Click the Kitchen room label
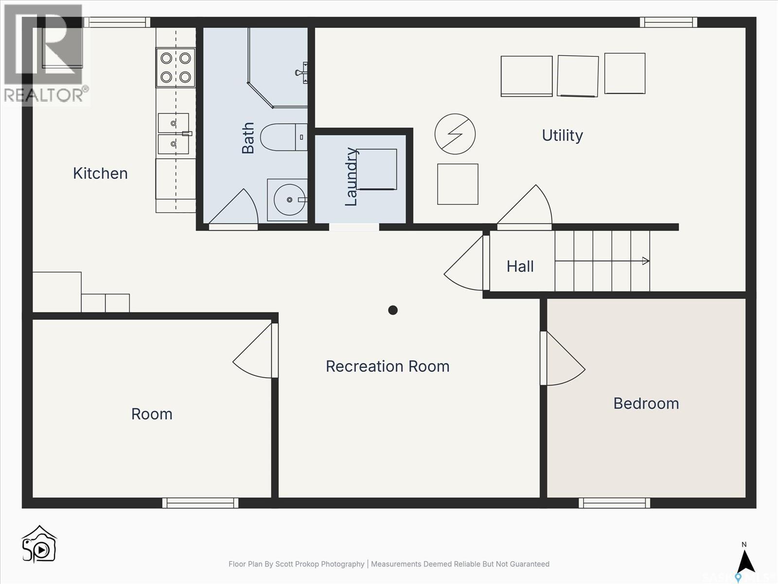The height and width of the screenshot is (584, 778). pos(100,173)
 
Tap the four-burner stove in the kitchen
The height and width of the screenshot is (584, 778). pos(176,67)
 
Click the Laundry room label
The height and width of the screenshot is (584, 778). pos(351,177)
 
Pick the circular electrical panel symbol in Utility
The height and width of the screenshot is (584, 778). pos(455,134)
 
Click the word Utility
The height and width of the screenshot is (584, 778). pos(562,135)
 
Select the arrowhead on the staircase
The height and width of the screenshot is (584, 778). pos(646,261)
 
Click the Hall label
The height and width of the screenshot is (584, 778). pos(520,266)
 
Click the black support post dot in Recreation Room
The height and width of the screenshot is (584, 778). pos(393,310)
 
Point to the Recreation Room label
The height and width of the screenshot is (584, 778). pos(388,366)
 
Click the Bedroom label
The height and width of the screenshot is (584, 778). pos(646,403)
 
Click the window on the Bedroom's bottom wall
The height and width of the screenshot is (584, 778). pos(614,503)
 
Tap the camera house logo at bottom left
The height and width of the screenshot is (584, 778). pos(39,545)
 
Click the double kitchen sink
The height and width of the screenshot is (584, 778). pos(174,134)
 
